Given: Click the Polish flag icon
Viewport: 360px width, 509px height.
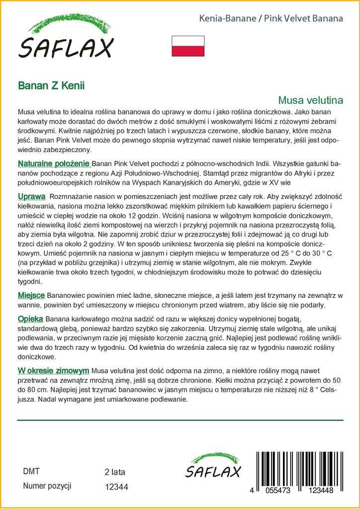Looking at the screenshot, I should (x=187, y=46).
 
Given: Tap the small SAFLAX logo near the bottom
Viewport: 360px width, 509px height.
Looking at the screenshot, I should (x=213, y=467).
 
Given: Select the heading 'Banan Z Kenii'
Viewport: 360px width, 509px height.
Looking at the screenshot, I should (x=51, y=85).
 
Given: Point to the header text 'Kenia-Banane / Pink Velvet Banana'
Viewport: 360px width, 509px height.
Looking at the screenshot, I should (x=271, y=19).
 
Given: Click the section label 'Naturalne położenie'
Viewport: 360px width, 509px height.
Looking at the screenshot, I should (x=54, y=164).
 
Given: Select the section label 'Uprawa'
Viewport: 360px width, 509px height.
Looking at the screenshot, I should (x=32, y=196).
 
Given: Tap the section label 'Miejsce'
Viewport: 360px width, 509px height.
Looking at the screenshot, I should (x=32, y=295).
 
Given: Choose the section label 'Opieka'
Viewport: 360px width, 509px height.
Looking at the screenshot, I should (x=30, y=318).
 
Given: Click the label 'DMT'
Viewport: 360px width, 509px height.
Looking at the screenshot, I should (x=31, y=471).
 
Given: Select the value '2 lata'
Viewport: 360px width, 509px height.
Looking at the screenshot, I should (x=115, y=472).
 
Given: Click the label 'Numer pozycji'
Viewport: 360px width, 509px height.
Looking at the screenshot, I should (x=47, y=486).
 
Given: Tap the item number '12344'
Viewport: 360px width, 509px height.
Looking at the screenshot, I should (x=117, y=487).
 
